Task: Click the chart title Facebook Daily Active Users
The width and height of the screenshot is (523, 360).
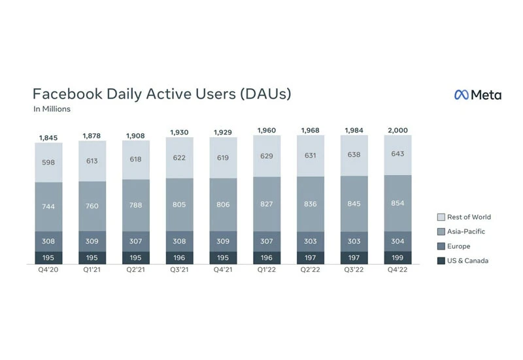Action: pos(161,93)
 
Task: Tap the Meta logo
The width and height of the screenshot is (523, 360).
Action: pos(478,95)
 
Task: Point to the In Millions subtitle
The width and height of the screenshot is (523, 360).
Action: pos(52,109)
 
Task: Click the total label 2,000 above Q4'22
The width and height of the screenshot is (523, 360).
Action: pos(397,130)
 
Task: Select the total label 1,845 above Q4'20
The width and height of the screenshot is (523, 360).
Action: pos(48,137)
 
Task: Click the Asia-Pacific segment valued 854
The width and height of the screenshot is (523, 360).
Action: pos(397,203)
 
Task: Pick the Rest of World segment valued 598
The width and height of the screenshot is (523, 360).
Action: pos(48,163)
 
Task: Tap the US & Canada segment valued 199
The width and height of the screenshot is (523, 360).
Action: pos(397,258)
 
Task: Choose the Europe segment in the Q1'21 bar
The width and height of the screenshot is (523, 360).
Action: pos(92,242)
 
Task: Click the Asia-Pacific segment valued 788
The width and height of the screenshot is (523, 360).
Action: pos(135,206)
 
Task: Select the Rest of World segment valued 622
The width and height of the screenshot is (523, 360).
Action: pos(179,157)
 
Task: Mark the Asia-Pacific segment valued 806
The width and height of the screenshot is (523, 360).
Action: pos(223,205)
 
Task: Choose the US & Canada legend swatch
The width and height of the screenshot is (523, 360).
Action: pos(441,261)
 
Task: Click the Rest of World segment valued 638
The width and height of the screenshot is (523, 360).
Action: pos(354,155)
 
